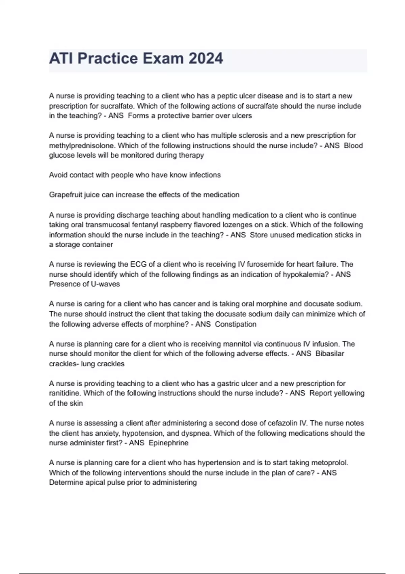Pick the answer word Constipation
tap(236, 324)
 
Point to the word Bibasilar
tap(330, 354)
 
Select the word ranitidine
tap(65, 393)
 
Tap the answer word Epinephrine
tap(168, 443)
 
